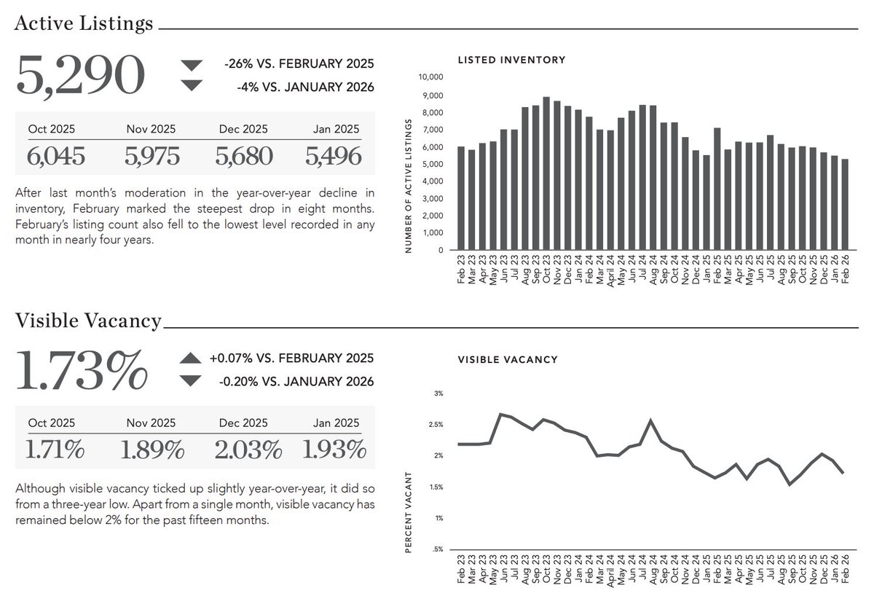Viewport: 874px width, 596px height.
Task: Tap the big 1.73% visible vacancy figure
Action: [x=82, y=370]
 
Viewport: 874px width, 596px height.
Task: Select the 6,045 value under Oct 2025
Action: [x=56, y=156]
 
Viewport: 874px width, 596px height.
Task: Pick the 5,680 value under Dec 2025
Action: [x=244, y=156]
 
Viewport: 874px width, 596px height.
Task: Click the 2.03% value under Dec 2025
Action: [x=248, y=450]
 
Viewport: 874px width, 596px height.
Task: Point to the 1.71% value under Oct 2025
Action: [x=55, y=450]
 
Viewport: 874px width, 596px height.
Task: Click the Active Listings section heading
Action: [x=84, y=23]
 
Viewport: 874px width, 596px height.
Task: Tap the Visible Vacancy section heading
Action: [x=88, y=320]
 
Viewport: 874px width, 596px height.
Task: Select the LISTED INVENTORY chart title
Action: [x=511, y=60]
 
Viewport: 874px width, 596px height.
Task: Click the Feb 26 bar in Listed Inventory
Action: [x=845, y=205]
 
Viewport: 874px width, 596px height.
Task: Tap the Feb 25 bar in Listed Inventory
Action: [x=717, y=189]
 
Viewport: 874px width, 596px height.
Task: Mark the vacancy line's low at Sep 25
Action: [x=790, y=485]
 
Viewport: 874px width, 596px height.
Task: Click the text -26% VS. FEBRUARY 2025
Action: [x=299, y=63]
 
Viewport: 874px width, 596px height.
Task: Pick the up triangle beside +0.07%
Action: [x=190, y=358]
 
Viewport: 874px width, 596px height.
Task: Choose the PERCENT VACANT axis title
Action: [x=409, y=511]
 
